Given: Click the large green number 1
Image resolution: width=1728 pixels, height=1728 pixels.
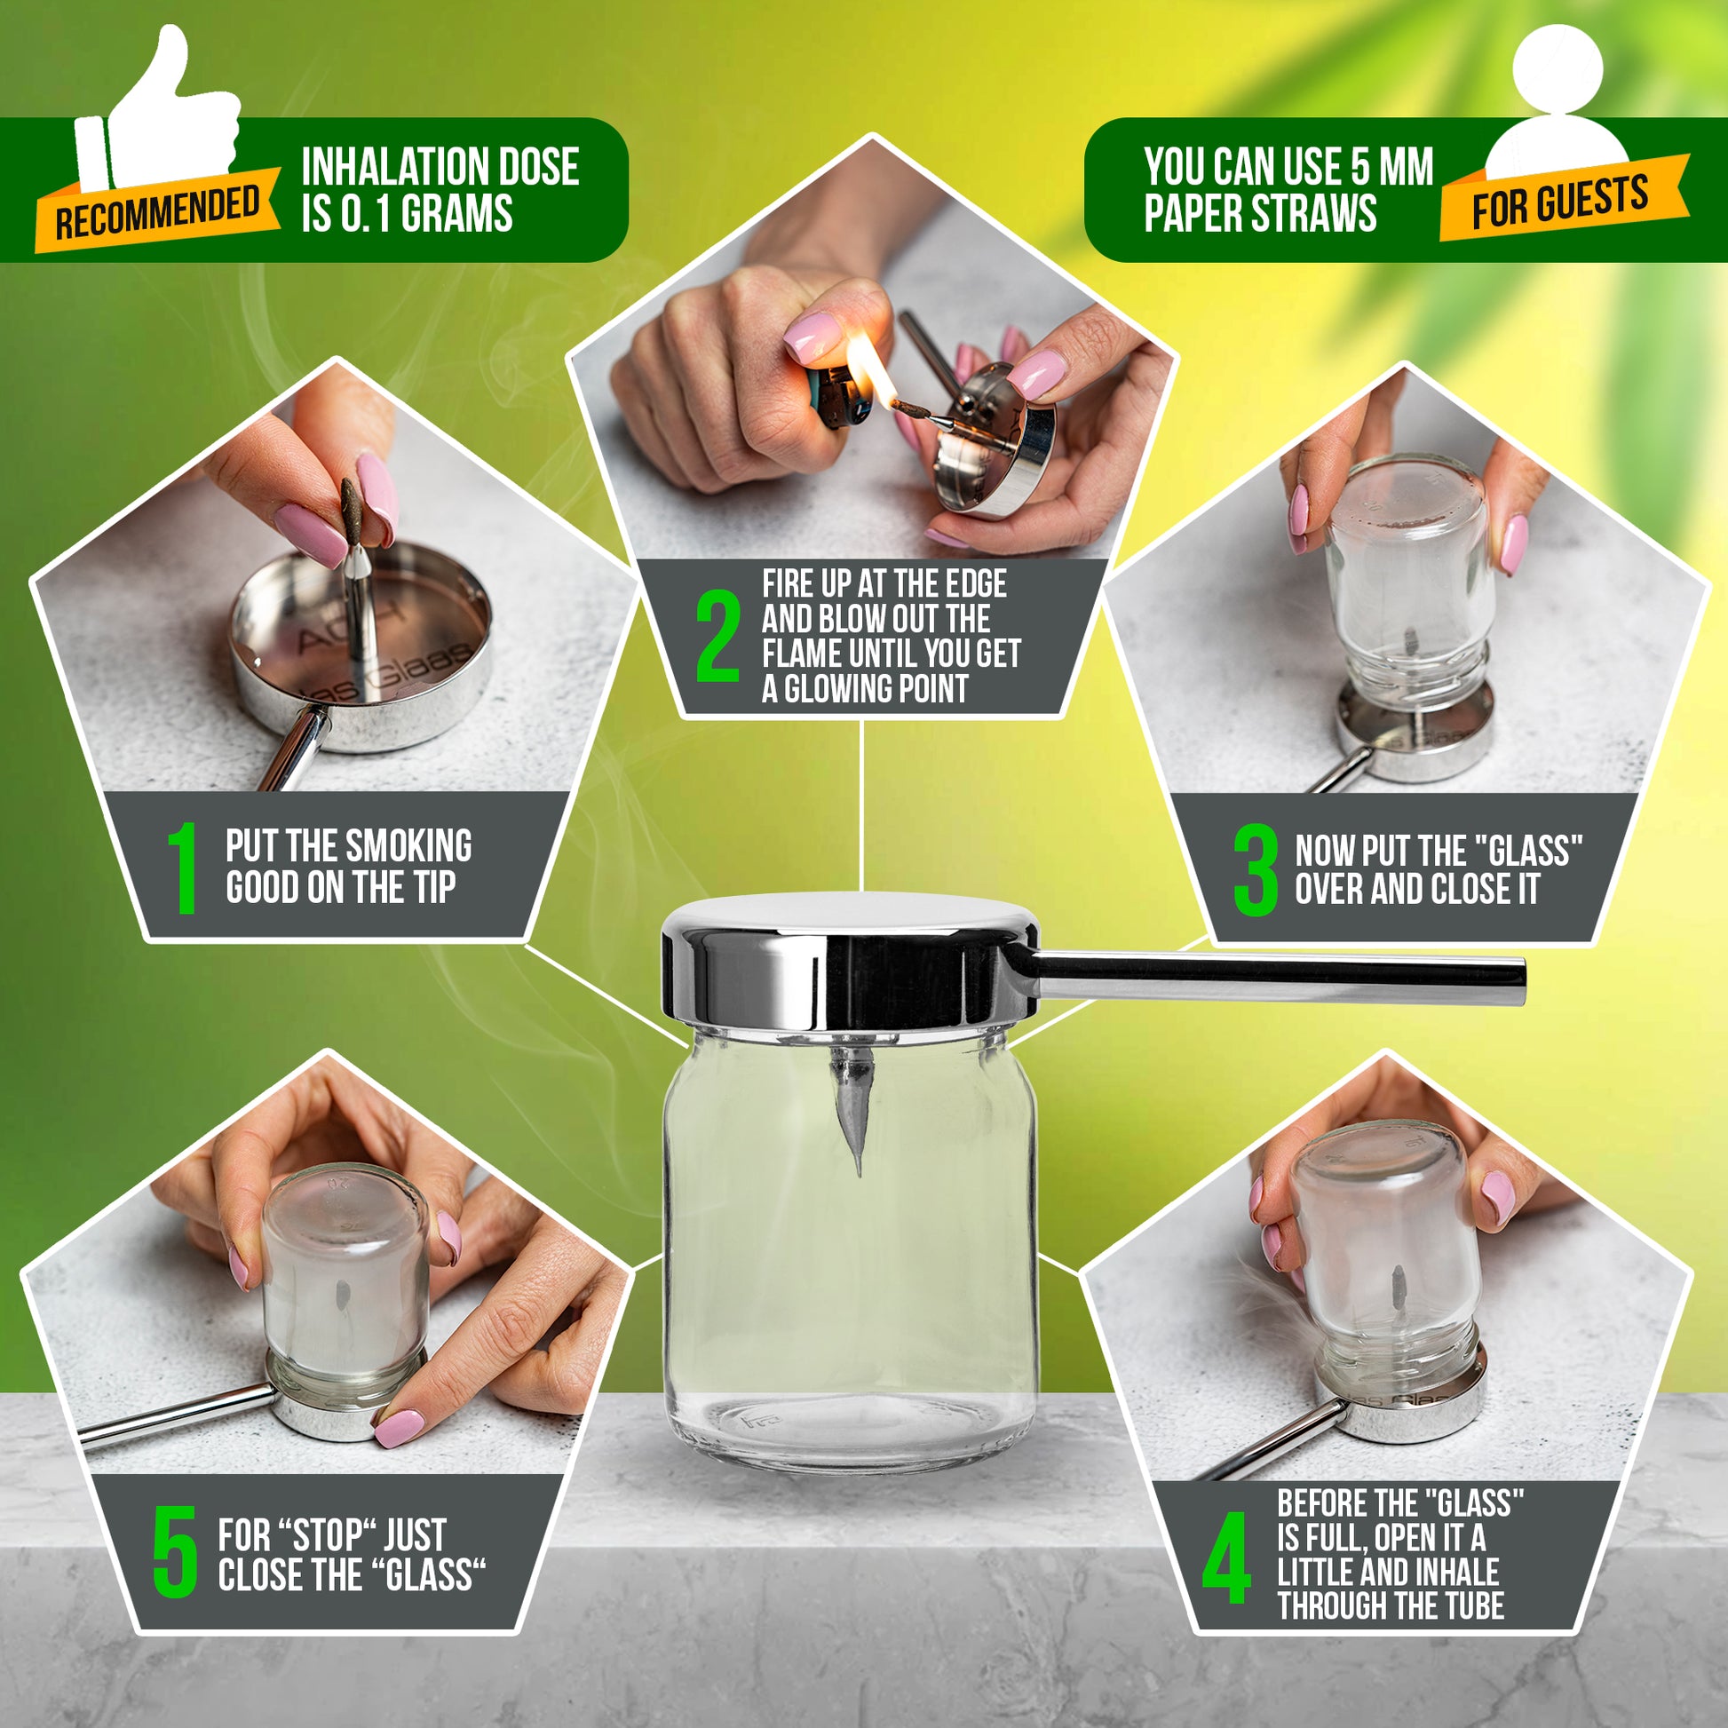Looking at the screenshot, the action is pos(184,868).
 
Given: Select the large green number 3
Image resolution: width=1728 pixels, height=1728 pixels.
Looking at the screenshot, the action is pos(1255,869).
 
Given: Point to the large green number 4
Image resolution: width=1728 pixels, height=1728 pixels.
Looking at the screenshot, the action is pos(1226,1558).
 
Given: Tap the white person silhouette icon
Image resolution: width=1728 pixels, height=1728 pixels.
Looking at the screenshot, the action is pos(1557,103).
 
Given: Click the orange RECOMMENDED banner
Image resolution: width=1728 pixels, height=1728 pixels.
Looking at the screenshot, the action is pos(157,210).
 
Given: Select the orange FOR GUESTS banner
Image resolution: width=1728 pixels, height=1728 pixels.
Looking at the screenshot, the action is pos(1564,199).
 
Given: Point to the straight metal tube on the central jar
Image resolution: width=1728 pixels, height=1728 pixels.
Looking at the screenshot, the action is pos(1270,978).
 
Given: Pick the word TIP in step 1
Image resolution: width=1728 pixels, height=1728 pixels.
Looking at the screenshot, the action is pos(435,888).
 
